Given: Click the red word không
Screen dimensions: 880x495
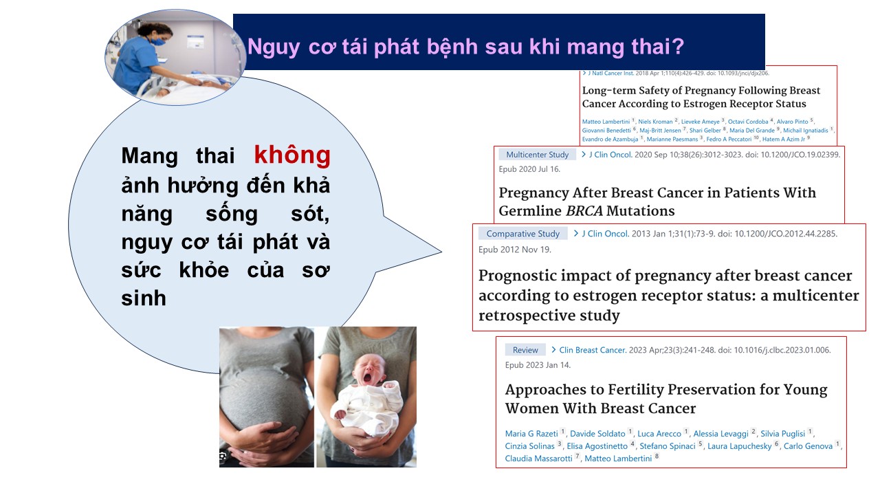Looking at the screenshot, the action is tap(292, 155).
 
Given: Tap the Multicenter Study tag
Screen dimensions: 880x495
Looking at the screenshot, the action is tap(537, 155).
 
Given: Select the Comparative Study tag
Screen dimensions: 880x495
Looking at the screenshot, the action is tap(523, 233).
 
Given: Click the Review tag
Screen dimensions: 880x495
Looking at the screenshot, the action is tap(525, 350).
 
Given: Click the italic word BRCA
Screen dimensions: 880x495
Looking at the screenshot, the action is tap(584, 211).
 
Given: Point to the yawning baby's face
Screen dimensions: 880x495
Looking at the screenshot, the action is tap(369, 371).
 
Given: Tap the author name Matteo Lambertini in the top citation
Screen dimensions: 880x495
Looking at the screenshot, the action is tap(606, 122).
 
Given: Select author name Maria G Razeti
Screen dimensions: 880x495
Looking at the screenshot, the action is tap(531, 433).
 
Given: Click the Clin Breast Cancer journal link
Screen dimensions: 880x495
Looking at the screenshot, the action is tap(593, 350).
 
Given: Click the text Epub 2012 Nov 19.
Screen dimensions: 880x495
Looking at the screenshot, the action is tap(515, 250).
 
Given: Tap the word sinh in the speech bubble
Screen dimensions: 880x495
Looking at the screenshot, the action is tap(144, 298).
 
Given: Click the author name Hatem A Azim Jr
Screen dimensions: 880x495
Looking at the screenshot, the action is tap(783, 139).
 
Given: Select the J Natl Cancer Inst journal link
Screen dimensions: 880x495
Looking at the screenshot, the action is tap(610, 73).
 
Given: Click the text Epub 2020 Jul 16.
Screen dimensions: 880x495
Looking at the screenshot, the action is tap(529, 169).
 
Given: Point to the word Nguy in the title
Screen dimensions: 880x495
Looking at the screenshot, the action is tap(274, 47).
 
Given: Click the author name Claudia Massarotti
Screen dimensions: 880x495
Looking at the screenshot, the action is tap(538, 458).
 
